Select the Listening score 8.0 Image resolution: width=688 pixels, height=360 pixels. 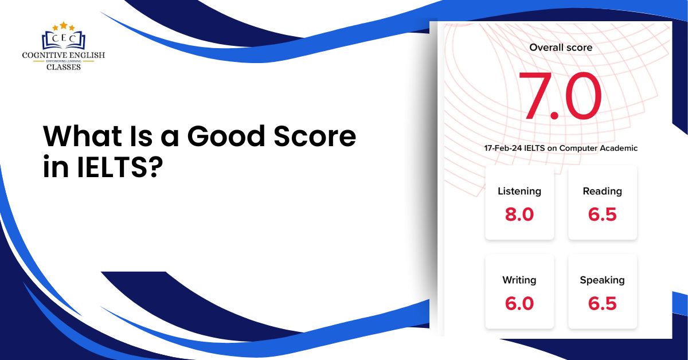pyautogui.click(x=519, y=214)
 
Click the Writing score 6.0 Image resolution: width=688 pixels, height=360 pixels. pyautogui.click(x=519, y=303)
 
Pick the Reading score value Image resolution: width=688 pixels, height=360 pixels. pyautogui.click(x=602, y=214)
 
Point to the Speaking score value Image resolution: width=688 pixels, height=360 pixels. pyautogui.click(x=602, y=303)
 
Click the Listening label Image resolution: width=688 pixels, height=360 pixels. pyautogui.click(x=519, y=191)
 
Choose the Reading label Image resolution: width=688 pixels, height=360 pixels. pyautogui.click(x=602, y=191)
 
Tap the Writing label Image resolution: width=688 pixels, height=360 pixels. pyautogui.click(x=519, y=280)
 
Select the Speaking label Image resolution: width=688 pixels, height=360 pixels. pyautogui.click(x=602, y=280)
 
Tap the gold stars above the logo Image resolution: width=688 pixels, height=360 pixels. pyautogui.click(x=63, y=26)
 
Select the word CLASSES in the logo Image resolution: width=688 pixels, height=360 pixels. pyautogui.click(x=63, y=66)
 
